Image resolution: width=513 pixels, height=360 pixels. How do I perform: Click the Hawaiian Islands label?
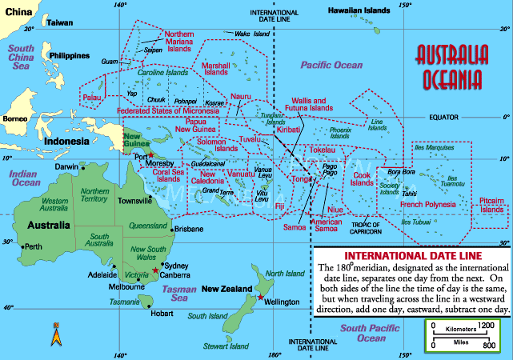point(362,10)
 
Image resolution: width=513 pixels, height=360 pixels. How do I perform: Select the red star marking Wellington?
point(260,298)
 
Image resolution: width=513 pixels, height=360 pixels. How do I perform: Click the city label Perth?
point(34,246)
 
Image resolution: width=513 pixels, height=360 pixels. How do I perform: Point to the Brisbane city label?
point(189,229)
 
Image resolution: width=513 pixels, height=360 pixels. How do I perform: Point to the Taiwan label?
point(59,23)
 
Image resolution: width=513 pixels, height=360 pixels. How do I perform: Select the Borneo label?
point(15,119)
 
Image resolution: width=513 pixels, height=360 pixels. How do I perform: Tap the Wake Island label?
point(252,34)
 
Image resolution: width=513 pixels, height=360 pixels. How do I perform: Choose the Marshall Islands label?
point(215,69)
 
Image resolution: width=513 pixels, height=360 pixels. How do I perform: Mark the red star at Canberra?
point(156,271)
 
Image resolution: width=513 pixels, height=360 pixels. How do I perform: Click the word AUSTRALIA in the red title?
point(451,57)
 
